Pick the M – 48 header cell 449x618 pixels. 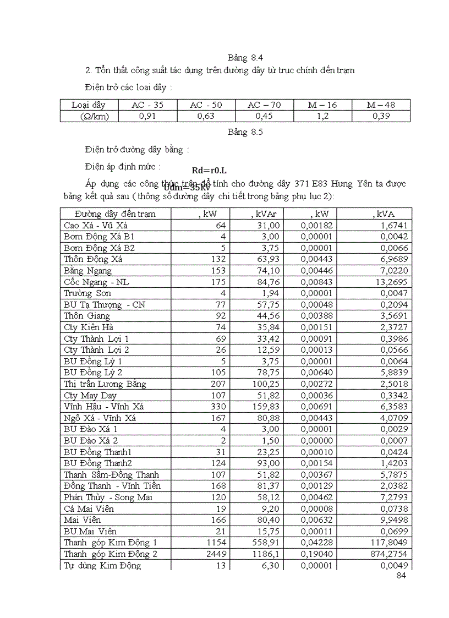381,105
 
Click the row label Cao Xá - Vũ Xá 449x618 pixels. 96,225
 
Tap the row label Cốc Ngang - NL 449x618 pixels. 96,282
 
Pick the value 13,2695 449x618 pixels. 390,282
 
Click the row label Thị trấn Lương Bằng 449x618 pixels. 105,384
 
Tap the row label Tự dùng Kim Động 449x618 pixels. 102,565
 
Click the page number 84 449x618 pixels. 401,576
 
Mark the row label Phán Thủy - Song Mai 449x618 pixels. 108,497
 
